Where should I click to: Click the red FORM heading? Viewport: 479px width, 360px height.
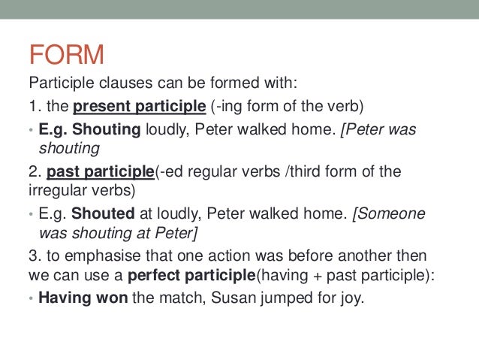[x=66, y=55]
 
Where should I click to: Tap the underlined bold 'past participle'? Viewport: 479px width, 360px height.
[x=100, y=171]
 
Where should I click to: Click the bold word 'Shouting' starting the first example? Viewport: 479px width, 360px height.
[x=106, y=129]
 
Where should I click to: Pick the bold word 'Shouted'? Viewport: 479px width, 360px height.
[x=103, y=213]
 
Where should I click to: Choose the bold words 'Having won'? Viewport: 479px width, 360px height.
[x=83, y=297]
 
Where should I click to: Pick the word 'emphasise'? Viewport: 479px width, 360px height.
[x=95, y=256]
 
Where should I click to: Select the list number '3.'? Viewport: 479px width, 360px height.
[x=33, y=256]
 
